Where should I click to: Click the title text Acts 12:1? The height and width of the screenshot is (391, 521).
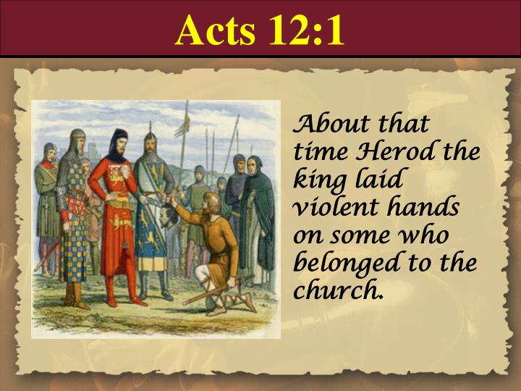260,30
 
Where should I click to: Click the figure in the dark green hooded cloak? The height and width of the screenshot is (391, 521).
258,217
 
